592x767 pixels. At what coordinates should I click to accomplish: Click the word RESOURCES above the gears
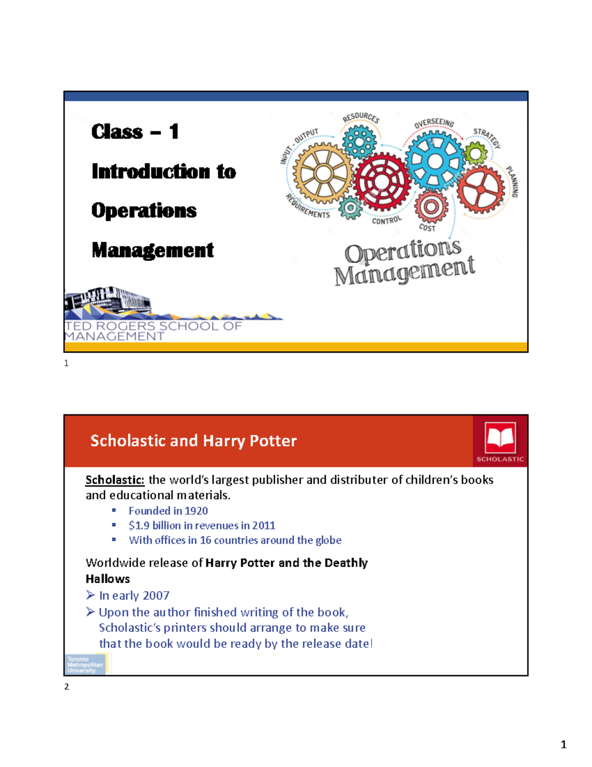(x=361, y=118)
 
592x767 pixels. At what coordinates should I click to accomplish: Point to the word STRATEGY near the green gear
(x=487, y=138)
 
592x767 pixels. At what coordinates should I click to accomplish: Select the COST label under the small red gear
(x=427, y=228)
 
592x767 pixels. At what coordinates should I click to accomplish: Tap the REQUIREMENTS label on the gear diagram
(x=307, y=206)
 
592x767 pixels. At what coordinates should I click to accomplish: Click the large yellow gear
(x=323, y=173)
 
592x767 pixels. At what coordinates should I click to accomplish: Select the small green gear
(x=476, y=154)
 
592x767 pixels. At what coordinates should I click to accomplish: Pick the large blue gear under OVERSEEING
(x=435, y=161)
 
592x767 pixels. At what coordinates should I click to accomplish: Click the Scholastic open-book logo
(x=500, y=438)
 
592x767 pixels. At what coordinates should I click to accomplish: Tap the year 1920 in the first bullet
(x=196, y=511)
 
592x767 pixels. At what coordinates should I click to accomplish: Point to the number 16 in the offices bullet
(x=205, y=540)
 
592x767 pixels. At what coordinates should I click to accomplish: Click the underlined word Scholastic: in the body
(x=115, y=480)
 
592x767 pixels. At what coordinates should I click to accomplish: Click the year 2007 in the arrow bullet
(x=156, y=596)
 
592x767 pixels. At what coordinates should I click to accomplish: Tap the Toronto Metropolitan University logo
(x=85, y=665)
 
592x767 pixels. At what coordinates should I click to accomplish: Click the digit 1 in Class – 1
(x=174, y=132)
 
